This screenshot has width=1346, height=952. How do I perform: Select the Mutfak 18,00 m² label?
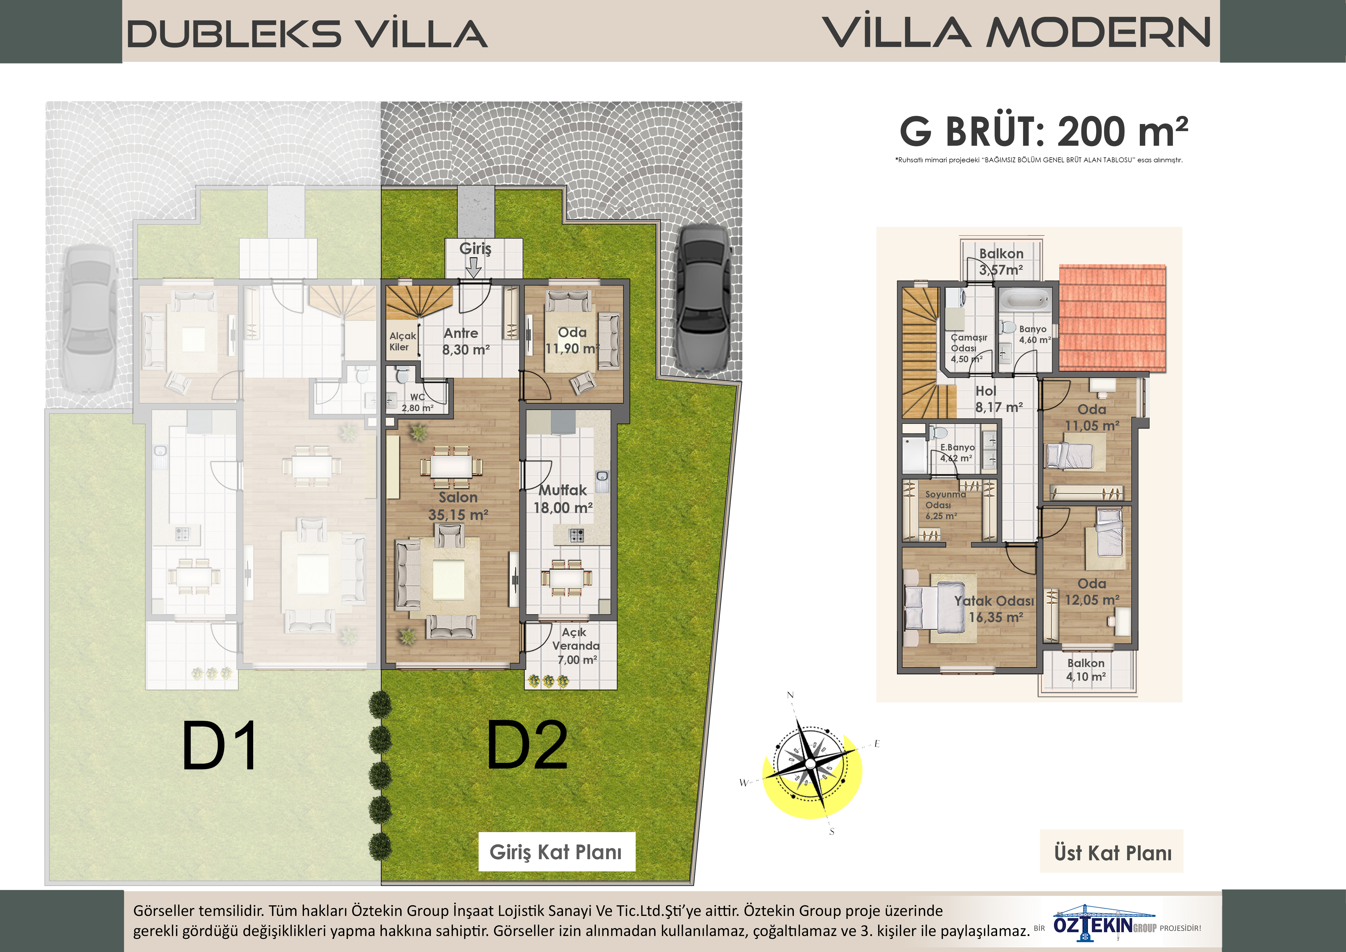(x=563, y=499)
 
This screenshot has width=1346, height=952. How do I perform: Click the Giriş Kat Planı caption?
(x=556, y=852)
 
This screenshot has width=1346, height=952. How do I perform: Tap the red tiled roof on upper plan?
(x=1112, y=318)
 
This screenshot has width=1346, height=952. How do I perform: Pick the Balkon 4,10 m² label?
(x=1086, y=669)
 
